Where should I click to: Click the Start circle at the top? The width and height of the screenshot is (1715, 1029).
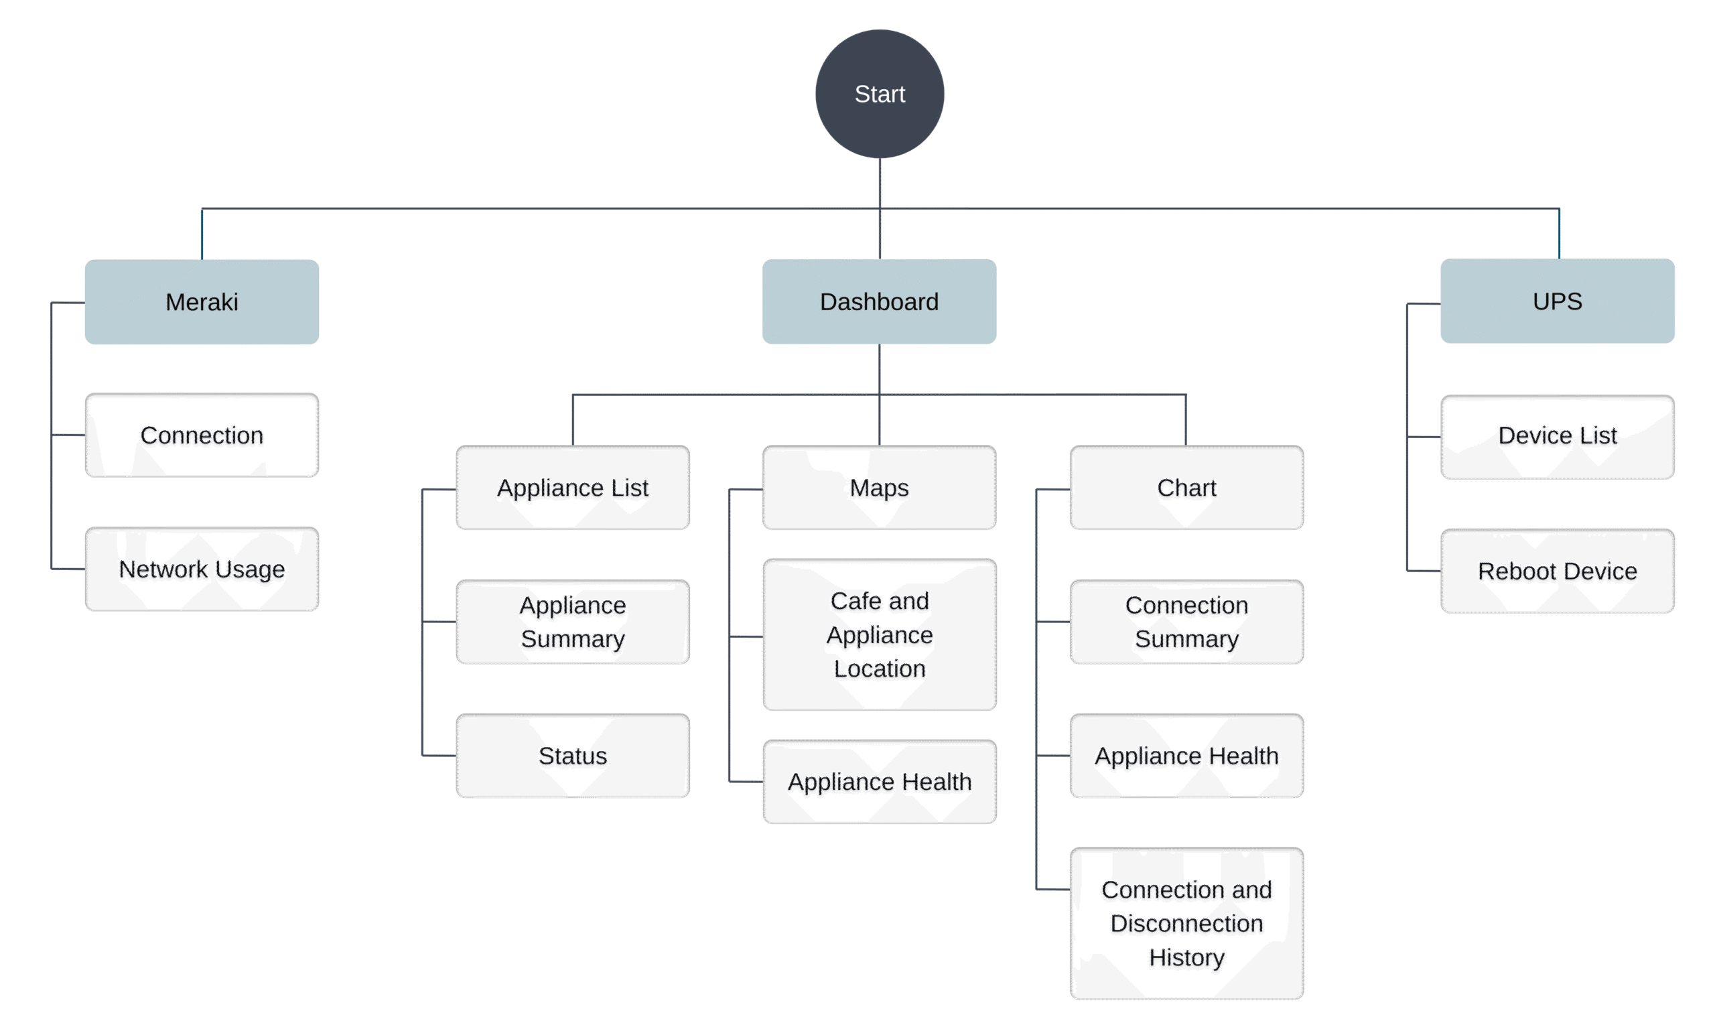click(879, 94)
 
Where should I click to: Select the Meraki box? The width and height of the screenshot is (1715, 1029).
click(202, 302)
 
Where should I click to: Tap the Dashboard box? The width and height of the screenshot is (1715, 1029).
click(879, 301)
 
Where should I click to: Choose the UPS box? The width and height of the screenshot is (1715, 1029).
click(1557, 301)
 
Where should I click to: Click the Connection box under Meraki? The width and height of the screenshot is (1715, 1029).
click(202, 435)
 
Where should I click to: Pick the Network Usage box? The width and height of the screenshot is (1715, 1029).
click(202, 569)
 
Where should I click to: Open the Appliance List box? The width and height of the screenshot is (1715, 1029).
click(573, 488)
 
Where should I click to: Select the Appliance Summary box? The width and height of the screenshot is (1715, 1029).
click(573, 622)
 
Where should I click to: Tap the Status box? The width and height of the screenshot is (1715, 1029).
click(573, 756)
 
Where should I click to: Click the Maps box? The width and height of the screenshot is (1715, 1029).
click(879, 488)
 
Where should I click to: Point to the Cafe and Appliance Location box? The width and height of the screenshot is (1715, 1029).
click(879, 634)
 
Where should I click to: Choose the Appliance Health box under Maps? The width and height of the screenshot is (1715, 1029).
click(879, 781)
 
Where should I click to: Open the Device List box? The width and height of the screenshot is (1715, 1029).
click(1557, 436)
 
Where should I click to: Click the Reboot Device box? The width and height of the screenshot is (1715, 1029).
click(1557, 571)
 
